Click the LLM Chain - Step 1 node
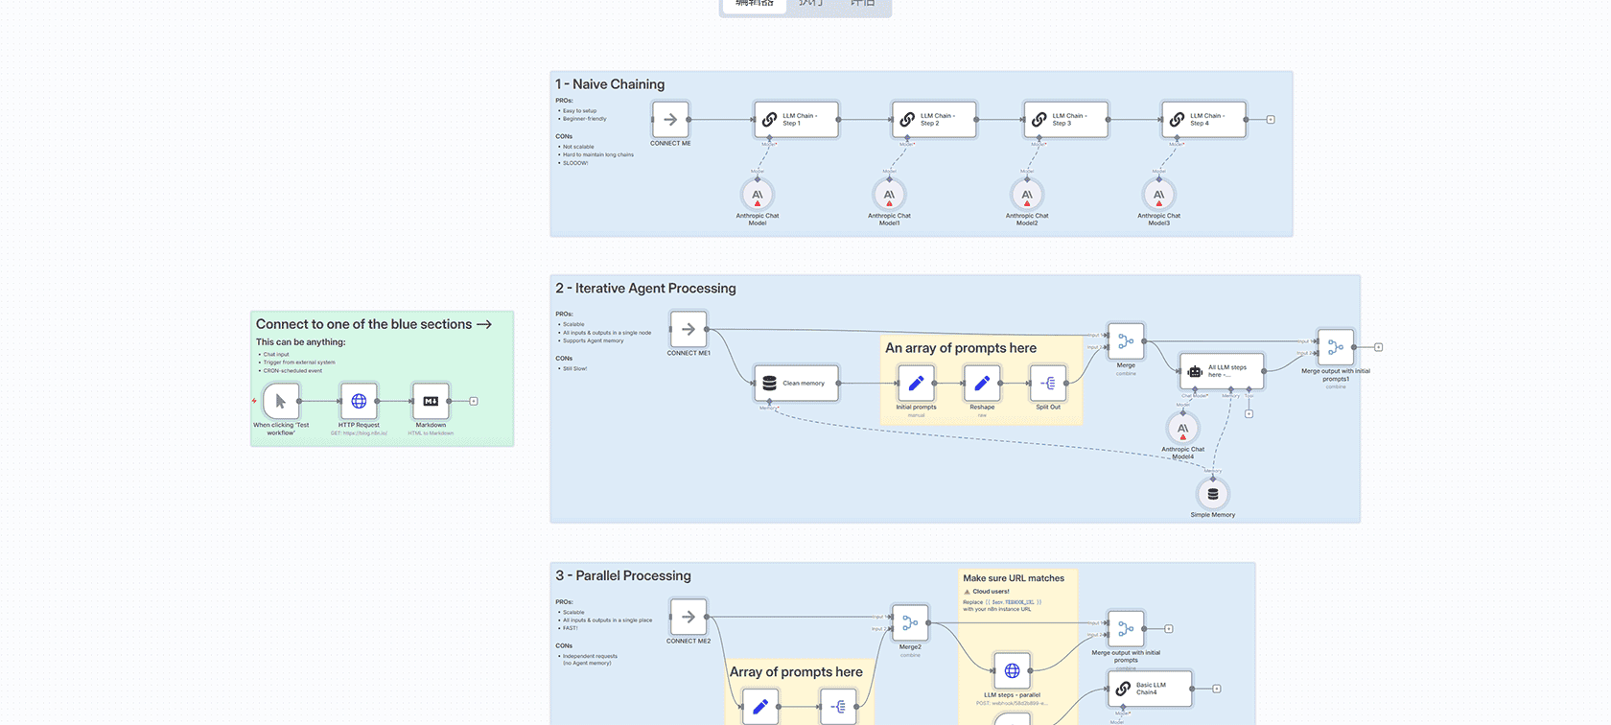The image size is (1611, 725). [x=796, y=120]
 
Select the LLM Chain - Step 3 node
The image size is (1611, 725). [x=1065, y=120]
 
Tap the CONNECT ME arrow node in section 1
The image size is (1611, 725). [x=670, y=120]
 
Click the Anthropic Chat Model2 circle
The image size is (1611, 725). [x=1027, y=195]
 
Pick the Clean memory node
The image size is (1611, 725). [x=796, y=384]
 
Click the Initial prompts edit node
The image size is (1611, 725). [x=916, y=384]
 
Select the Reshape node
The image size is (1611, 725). [x=982, y=384]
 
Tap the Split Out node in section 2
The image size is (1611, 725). [x=1048, y=384]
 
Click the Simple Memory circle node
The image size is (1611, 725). [x=1213, y=494]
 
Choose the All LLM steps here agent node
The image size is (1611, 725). [x=1221, y=371]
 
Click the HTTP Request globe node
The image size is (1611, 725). [x=359, y=401]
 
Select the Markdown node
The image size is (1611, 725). [x=431, y=401]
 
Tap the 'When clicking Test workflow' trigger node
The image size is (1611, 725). [x=281, y=401]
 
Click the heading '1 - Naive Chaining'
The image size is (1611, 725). [x=610, y=84]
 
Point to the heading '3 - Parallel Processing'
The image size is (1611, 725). [x=623, y=575]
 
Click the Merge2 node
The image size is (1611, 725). [x=910, y=623]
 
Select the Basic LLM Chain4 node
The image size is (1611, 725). [x=1150, y=689]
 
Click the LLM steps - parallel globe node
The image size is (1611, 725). [x=1012, y=671]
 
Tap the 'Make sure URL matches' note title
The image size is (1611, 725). [x=1014, y=578]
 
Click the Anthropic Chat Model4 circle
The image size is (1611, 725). [x=1182, y=428]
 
